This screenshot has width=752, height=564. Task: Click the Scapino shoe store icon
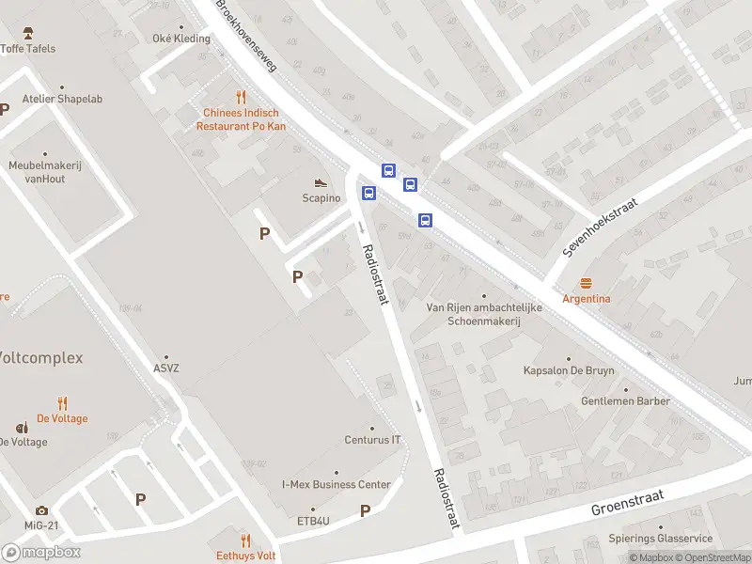coord(321,182)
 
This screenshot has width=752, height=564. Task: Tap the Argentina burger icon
coord(587,283)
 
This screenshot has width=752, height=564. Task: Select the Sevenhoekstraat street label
coord(601,227)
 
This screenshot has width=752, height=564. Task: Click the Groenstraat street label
coord(627,502)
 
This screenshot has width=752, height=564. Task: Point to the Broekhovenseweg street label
coord(247,37)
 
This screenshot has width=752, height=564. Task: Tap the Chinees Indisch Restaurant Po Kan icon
coord(241,96)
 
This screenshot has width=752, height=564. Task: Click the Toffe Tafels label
coord(27,48)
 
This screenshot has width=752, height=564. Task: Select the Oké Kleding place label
coord(181,39)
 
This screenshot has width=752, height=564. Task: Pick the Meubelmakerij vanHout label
coord(45,171)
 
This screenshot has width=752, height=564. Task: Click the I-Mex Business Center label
coord(337,484)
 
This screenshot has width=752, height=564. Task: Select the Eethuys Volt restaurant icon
coord(245,540)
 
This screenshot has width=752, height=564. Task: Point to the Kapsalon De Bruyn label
coord(569,370)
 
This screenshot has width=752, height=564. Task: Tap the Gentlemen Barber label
coord(625,400)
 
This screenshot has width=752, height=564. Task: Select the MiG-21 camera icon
coord(41,510)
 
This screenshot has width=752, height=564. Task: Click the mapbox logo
coord(41,553)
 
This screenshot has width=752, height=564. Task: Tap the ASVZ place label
coord(166,368)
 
